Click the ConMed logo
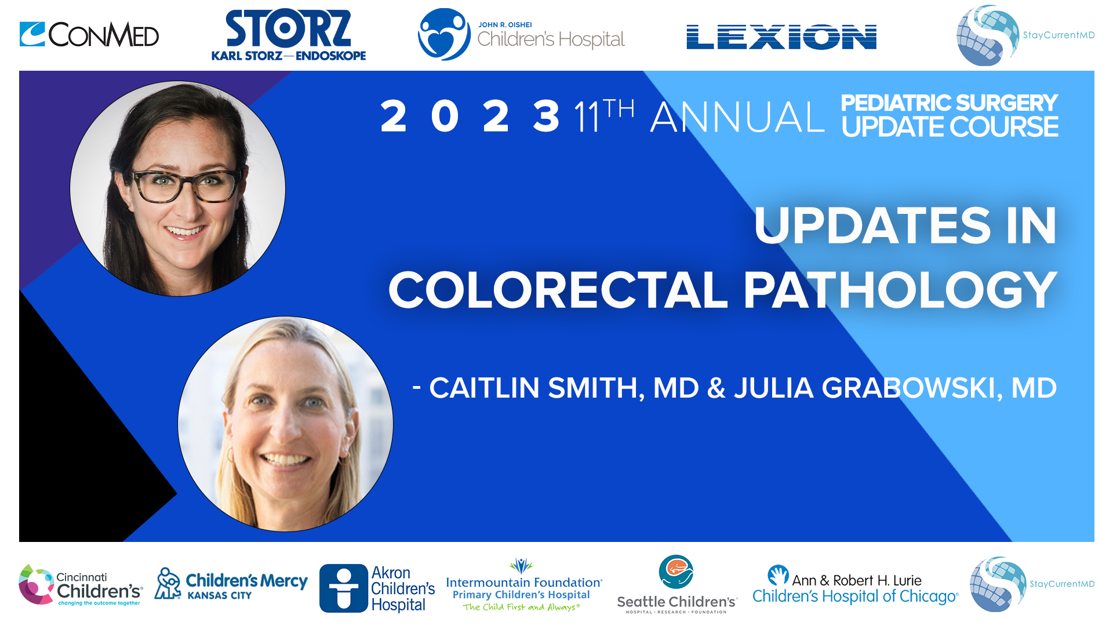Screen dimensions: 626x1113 point(89,35)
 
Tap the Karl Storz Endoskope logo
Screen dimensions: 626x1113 point(288,35)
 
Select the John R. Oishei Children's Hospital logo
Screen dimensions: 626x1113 point(521,35)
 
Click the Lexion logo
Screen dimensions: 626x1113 point(781,37)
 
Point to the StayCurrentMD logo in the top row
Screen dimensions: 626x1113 point(1025,35)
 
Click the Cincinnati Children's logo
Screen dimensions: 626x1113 point(81,585)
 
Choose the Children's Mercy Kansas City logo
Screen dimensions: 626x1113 point(231,584)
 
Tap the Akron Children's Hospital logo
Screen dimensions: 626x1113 point(377,588)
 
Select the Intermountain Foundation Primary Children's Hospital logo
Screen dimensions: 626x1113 point(523,585)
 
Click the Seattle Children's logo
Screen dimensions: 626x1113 point(676,585)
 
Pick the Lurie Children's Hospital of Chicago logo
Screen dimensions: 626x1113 point(855,585)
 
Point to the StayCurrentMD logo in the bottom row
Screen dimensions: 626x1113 point(1032,584)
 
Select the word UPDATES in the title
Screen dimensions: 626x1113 point(872,226)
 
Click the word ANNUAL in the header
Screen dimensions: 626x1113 point(737,117)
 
